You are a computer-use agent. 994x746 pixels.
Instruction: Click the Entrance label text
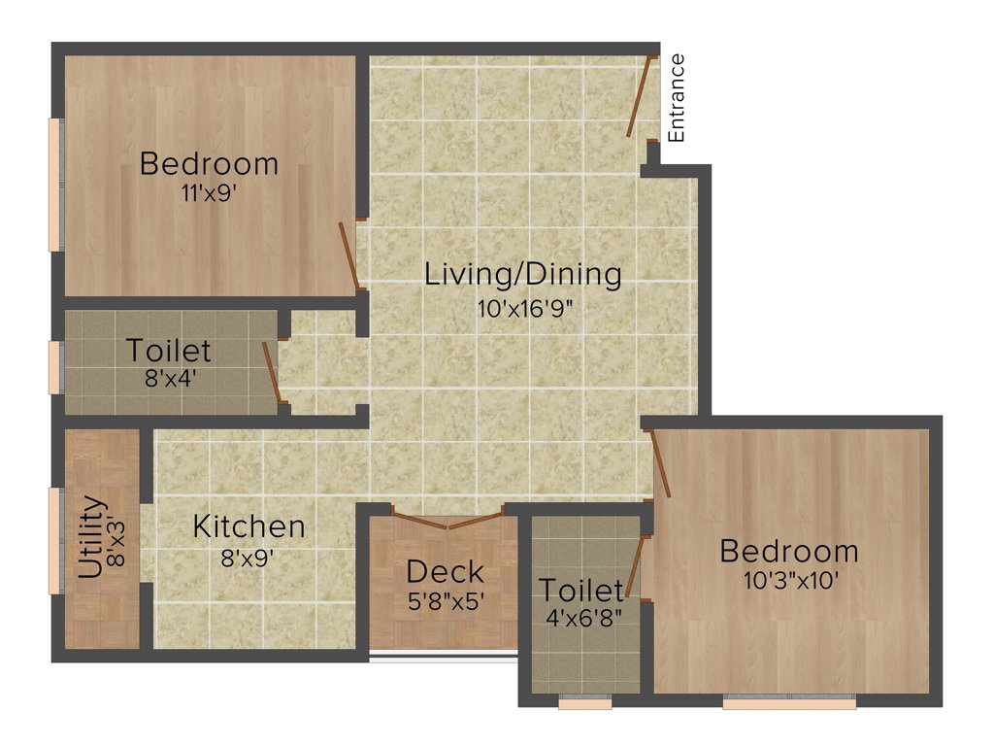(677, 98)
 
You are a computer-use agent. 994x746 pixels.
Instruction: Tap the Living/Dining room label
(523, 275)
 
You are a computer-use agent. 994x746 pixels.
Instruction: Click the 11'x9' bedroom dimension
(209, 191)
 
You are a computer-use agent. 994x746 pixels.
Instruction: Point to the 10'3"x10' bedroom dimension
(788, 580)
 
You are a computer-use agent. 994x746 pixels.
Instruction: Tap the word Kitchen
(248, 527)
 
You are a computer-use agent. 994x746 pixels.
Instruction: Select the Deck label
(446, 571)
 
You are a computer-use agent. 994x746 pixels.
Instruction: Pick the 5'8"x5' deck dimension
(446, 601)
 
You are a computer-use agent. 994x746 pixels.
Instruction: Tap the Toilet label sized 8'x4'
(169, 351)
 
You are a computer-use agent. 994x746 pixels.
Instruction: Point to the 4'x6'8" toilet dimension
(581, 615)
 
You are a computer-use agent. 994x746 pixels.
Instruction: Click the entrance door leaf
(639, 96)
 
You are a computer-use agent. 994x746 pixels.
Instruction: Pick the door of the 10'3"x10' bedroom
(660, 464)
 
